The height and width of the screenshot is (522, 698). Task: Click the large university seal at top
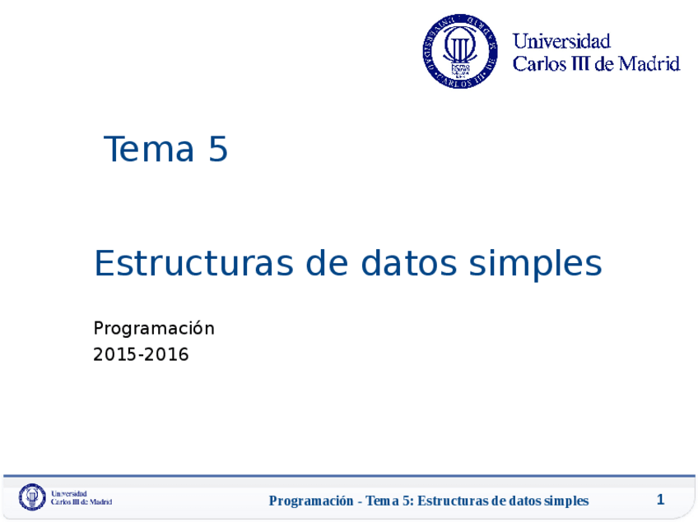(x=460, y=51)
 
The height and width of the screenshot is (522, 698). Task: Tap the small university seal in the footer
(x=32, y=497)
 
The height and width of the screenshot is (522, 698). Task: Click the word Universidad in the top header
(x=561, y=41)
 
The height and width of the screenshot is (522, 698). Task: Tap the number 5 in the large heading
(x=218, y=150)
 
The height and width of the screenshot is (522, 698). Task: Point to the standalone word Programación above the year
(x=154, y=329)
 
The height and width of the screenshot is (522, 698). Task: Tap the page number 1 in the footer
(x=660, y=500)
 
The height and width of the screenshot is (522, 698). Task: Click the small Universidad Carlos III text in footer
(x=81, y=498)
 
